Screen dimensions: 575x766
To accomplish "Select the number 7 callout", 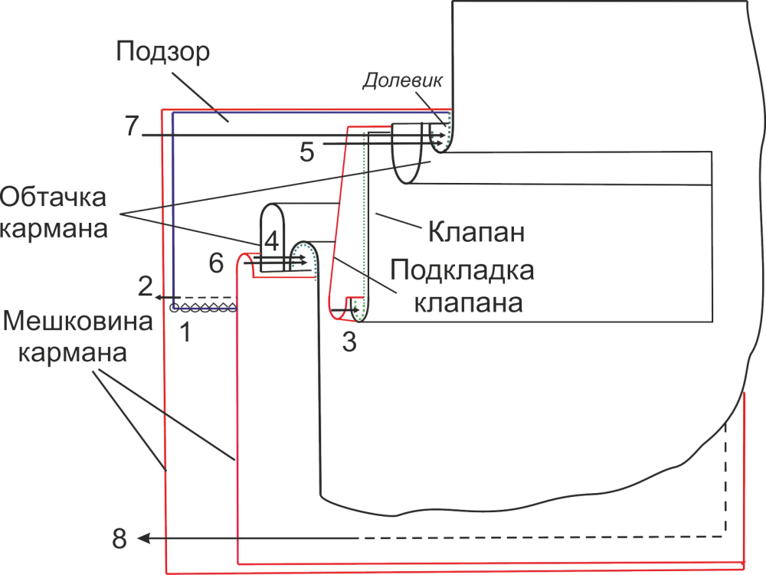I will click(x=131, y=126).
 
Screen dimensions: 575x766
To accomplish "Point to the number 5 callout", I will click(x=306, y=152).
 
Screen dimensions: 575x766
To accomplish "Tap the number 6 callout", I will click(x=217, y=264).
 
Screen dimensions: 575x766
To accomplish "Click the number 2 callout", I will click(x=146, y=289).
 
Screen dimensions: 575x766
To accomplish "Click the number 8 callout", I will click(x=120, y=539).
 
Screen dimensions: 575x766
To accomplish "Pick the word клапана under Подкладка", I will click(x=468, y=302).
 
